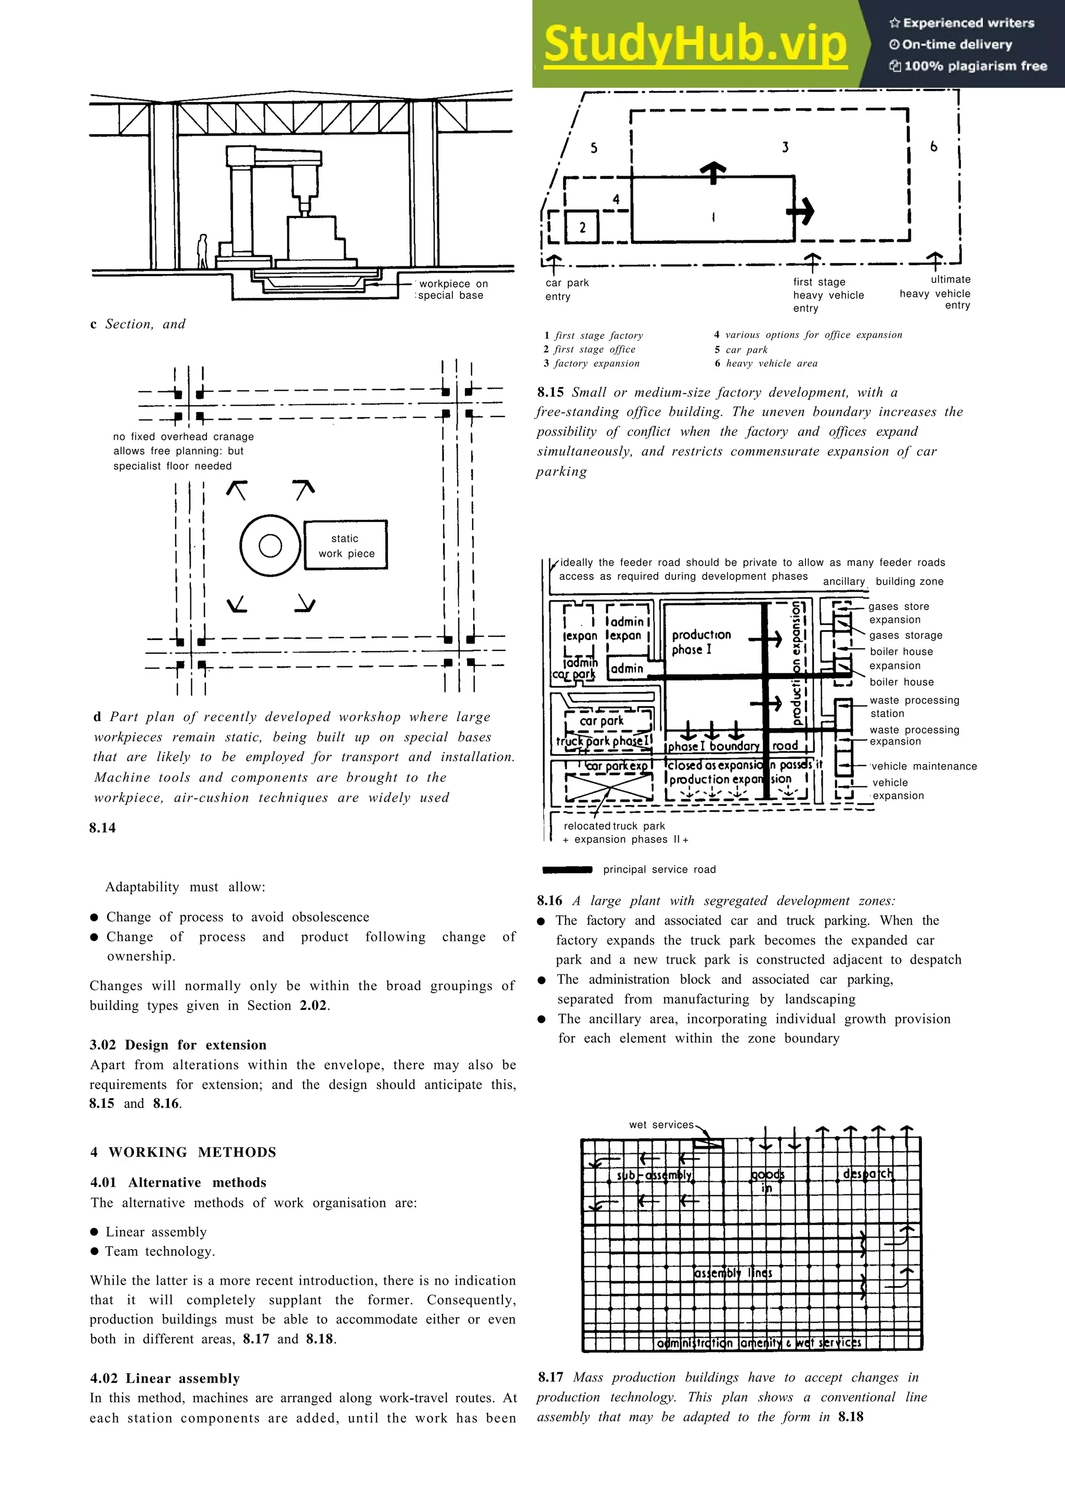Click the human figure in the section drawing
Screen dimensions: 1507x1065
pos(203,251)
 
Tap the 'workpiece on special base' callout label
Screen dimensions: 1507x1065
pos(453,290)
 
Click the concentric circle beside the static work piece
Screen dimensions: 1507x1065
pos(270,545)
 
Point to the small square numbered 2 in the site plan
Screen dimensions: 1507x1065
pos(582,227)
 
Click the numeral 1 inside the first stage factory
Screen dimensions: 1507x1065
pos(713,217)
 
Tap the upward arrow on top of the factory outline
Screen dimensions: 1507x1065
pos(713,172)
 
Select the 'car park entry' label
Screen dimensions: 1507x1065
pos(567,290)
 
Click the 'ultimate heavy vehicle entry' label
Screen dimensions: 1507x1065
pos(937,292)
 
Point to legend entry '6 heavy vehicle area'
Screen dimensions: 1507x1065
pos(766,363)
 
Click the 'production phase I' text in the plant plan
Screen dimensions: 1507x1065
pos(701,642)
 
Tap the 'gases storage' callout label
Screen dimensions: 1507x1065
pos(905,635)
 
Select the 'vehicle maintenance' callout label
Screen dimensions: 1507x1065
pos(923,766)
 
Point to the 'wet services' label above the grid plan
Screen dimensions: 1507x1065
pos(661,1124)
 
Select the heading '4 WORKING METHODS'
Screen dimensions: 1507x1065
pos(183,1152)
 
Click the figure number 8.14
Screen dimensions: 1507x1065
pos(102,828)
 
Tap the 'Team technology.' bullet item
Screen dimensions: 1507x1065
pos(160,1251)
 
